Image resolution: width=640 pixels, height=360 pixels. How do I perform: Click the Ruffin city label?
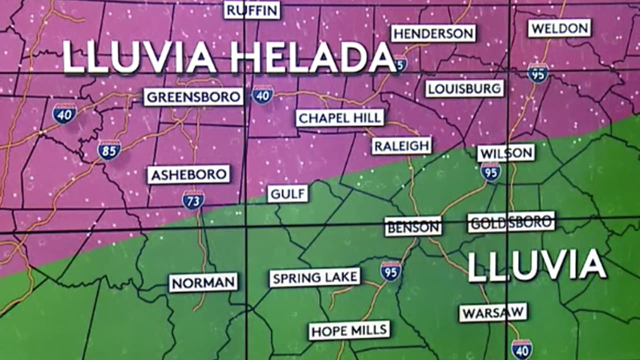pos(252,10)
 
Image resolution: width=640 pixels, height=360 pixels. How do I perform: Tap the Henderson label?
pos(433,33)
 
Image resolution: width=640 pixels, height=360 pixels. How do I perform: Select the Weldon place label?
pos(559,28)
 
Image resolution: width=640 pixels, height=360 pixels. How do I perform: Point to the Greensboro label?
pos(193,97)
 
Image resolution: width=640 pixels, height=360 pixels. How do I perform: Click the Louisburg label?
pos(464,89)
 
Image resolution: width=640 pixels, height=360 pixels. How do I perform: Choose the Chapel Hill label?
pos(340,118)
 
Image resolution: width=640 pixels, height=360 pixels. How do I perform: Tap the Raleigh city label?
pos(401,146)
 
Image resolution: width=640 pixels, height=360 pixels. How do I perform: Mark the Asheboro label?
pos(188,175)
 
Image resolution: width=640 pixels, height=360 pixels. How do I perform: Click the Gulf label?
pos(287,193)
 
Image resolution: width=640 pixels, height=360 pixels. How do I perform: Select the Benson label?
pos(413,226)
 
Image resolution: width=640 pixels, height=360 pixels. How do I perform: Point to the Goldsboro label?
pos(511,222)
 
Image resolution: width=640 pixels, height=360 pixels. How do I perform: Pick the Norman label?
pos(203,282)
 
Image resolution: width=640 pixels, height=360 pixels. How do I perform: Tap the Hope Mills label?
pos(349,330)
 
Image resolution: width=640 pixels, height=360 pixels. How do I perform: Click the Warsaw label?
pos(493,313)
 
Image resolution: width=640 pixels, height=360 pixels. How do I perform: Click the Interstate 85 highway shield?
pos(109,150)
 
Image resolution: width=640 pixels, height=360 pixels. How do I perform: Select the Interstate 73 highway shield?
pos(193,199)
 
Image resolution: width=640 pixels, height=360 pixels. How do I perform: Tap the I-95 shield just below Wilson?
pos(490,171)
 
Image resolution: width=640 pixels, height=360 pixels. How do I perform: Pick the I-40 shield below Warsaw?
pos(521,348)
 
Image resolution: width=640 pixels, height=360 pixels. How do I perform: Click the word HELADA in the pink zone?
pos(311,57)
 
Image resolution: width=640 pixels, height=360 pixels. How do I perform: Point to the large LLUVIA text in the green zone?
pos(536,265)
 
